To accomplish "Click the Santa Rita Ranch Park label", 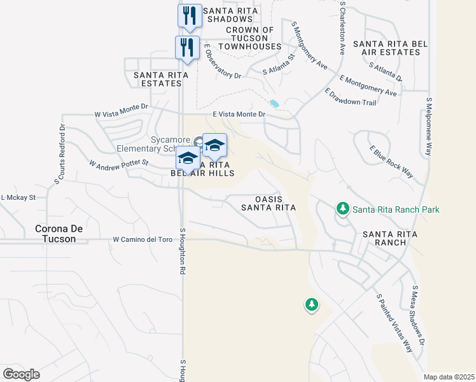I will coord(396,209).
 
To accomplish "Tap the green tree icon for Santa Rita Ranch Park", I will coord(342,208).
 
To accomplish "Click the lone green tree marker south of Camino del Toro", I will coord(311,305).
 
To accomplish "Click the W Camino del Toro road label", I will coord(143,240).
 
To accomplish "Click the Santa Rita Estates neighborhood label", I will coord(161,79).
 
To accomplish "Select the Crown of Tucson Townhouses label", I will coord(249,38).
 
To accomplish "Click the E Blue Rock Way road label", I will coord(391,162).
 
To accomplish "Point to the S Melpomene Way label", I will coord(429,127).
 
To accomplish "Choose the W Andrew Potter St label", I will coord(118,164).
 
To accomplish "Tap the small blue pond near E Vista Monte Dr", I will coord(274,103).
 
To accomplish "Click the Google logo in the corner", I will coord(21,374).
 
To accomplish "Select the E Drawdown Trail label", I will coord(350,97).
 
